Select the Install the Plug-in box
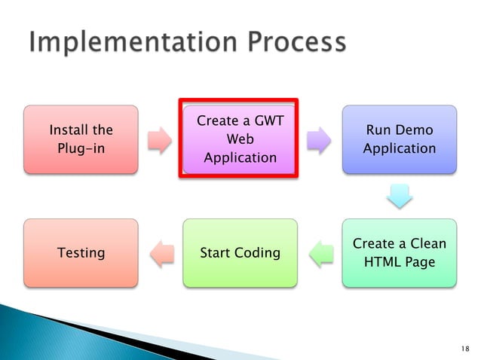[81, 139]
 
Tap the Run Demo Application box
[399, 139]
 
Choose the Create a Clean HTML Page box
[399, 252]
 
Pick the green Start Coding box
[240, 252]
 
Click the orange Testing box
[81, 252]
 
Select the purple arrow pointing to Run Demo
[319, 140]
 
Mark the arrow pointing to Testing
[161, 253]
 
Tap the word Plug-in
[81, 148]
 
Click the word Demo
[417, 131]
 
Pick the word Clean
[426, 243]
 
